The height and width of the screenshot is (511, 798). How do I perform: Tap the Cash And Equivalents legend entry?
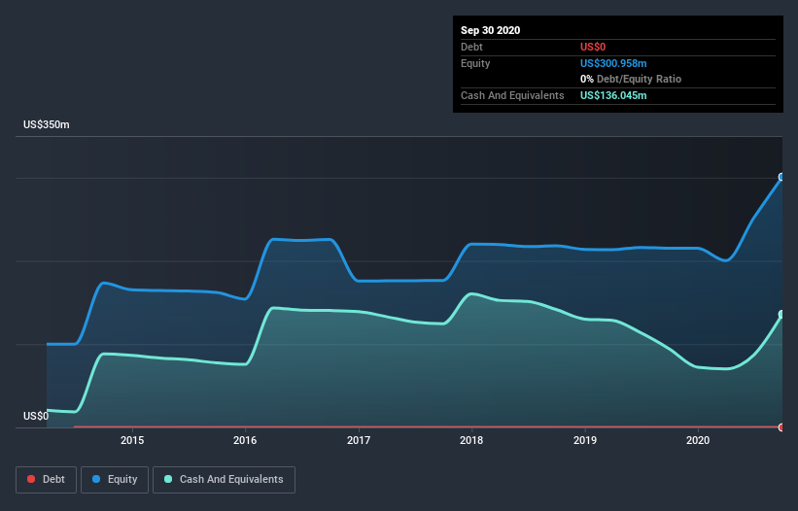coord(224,479)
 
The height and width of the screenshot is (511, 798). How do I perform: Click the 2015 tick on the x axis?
coord(132,440)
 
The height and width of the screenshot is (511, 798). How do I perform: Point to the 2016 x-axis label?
coord(246,440)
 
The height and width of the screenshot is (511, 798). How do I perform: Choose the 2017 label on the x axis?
coord(359,440)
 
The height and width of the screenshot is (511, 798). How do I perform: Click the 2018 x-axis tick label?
coord(471,440)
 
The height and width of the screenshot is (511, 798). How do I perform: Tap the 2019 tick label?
coord(585,440)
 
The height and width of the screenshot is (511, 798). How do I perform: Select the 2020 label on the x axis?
coord(698,440)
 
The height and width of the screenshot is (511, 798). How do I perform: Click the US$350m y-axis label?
coord(47,125)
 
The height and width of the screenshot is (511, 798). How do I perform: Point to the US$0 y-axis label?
coord(36,416)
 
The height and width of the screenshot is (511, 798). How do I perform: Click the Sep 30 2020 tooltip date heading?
coord(490,30)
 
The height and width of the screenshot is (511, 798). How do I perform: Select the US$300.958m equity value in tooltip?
coord(613,63)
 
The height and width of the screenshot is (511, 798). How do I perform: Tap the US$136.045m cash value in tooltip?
coord(613,95)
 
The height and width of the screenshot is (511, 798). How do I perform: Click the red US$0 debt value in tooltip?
coord(593,47)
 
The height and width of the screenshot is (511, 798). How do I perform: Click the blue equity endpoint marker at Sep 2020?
coord(781,178)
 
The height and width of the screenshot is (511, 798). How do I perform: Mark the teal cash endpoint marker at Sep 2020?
coord(781,315)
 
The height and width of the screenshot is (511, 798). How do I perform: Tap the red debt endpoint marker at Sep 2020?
coord(781,426)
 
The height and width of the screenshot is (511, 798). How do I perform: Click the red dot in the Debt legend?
coord(31,479)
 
